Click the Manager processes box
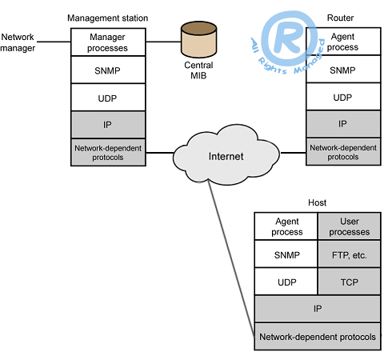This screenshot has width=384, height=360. pyautogui.click(x=108, y=42)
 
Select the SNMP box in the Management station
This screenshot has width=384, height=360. pyautogui.click(x=108, y=70)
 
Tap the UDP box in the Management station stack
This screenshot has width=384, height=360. pyautogui.click(x=108, y=98)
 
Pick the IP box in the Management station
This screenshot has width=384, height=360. pyautogui.click(x=108, y=125)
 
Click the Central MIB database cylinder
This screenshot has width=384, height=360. pyautogui.click(x=198, y=39)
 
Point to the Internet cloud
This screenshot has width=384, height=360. pyautogui.click(x=226, y=154)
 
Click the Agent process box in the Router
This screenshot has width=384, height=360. pyautogui.click(x=343, y=42)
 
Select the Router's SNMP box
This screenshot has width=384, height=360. pyautogui.click(x=343, y=70)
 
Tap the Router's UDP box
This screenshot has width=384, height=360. pyautogui.click(x=343, y=97)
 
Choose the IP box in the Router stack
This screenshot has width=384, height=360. pyautogui.click(x=343, y=124)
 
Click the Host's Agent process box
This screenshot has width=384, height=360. pyautogui.click(x=286, y=226)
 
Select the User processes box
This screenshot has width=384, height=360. pyautogui.click(x=350, y=226)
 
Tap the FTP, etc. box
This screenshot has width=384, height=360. pyautogui.click(x=350, y=254)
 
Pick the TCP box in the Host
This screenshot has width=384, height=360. pyautogui.click(x=350, y=282)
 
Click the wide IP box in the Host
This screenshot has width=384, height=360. pyautogui.click(x=318, y=309)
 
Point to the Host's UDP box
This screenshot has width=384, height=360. pyautogui.click(x=286, y=282)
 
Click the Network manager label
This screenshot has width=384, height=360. pyautogui.click(x=18, y=42)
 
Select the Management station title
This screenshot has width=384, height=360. pyautogui.click(x=107, y=18)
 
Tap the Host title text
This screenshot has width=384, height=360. pyautogui.click(x=317, y=202)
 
